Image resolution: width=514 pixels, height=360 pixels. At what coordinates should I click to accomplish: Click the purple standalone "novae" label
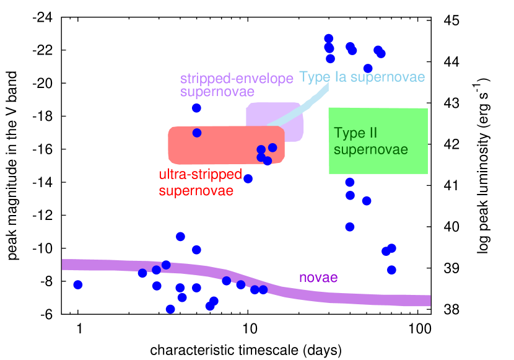coord(318,278)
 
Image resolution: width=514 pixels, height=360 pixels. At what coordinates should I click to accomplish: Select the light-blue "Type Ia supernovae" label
coord(362,77)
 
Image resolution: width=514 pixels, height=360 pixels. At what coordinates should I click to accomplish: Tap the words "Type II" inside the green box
coord(355,133)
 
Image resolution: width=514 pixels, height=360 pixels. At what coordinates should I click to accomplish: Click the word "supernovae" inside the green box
coord(370,150)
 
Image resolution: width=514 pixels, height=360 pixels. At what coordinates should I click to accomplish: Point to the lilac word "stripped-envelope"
coord(237,79)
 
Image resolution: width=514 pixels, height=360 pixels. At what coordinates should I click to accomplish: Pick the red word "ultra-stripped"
coord(200,175)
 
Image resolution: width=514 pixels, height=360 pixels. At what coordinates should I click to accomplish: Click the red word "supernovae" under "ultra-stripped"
coord(196,191)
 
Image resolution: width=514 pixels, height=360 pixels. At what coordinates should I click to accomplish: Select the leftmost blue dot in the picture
coord(78,284)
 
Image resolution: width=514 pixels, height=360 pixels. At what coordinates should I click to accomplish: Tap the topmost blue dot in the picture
coord(329,38)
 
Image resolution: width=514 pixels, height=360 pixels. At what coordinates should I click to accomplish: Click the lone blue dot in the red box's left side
coord(197,133)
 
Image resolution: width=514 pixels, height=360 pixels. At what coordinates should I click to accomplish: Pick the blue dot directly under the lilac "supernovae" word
coord(196,108)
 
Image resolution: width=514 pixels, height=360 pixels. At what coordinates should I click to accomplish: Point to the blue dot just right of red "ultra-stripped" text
coord(248,178)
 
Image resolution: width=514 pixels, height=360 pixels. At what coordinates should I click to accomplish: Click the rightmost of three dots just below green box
coord(367,201)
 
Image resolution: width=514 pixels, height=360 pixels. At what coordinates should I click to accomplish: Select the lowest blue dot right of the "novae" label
coord(391,270)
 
